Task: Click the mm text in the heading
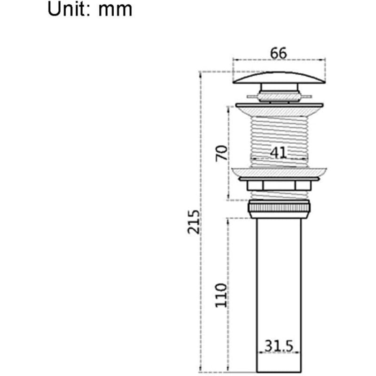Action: [x=115, y=9]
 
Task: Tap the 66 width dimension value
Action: [x=278, y=53]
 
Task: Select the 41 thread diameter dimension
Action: [x=278, y=152]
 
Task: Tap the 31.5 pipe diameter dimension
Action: [x=279, y=346]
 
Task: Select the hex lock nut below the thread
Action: [x=280, y=185]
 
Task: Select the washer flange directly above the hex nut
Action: [x=280, y=173]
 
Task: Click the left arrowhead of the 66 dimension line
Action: [x=235, y=60]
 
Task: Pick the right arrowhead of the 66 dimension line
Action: [x=324, y=60]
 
